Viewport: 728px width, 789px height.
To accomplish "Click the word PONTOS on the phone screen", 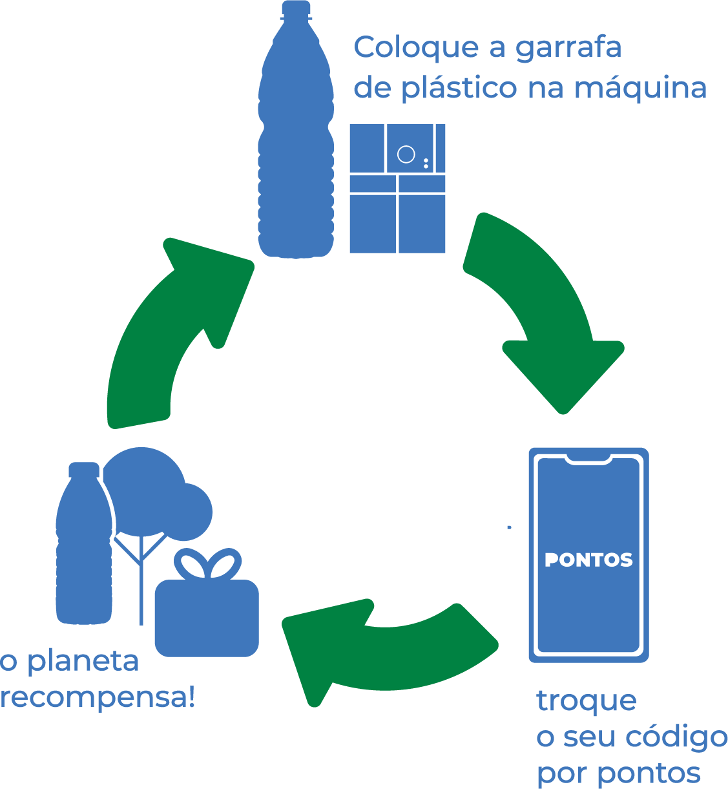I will click(588, 560).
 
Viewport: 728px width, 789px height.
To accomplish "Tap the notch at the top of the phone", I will click(588, 459).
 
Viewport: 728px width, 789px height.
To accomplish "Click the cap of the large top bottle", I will click(296, 9).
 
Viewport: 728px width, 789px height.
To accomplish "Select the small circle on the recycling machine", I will click(406, 154).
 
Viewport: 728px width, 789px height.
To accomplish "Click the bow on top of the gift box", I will click(207, 564).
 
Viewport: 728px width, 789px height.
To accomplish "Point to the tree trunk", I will click(141, 582).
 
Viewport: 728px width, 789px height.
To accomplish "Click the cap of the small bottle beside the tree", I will click(84, 470).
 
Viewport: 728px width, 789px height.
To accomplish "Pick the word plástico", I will click(459, 89).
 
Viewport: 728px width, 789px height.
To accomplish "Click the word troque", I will click(587, 701).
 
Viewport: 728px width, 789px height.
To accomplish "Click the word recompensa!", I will click(98, 699).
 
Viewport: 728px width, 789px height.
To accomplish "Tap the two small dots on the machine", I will click(426, 163).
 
